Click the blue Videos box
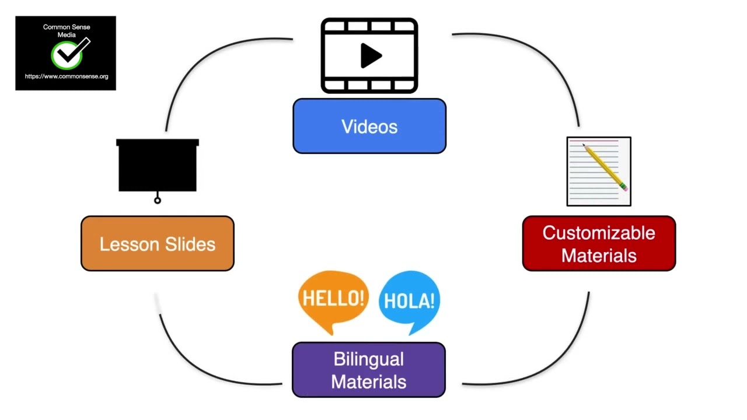(369, 126)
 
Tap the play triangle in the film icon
(371, 56)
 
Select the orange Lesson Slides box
(157, 244)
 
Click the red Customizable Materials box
(599, 244)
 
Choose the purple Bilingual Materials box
(368, 370)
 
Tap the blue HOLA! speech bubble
(409, 300)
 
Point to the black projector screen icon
(158, 166)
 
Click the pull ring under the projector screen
(158, 200)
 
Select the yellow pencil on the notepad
(603, 166)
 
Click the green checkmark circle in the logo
(66, 56)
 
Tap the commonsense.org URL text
(67, 76)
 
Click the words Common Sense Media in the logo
(67, 31)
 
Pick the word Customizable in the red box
(599, 233)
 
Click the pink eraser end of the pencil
(625, 188)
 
